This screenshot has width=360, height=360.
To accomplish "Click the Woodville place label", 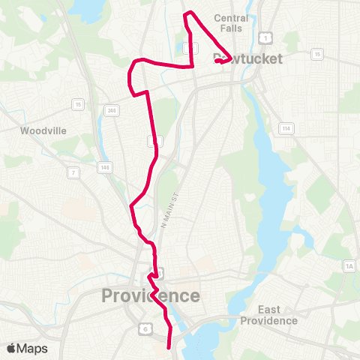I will (x=43, y=130).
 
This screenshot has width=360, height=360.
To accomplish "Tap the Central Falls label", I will (x=231, y=22).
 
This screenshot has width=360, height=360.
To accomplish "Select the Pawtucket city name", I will (x=247, y=58).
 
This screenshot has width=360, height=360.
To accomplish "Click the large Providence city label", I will (x=151, y=295).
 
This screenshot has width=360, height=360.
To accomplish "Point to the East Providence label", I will (x=268, y=315).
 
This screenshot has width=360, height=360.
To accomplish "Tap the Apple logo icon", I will (x=10, y=348).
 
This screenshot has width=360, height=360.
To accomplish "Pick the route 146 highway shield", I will (x=104, y=166).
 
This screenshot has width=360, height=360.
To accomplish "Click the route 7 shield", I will (x=73, y=173).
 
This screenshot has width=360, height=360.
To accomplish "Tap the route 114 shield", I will (x=286, y=128).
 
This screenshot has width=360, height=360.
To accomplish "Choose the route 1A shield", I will (x=348, y=266).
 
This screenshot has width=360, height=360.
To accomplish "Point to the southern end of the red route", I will (x=166, y=347).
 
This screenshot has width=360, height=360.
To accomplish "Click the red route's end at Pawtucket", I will (x=217, y=61).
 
